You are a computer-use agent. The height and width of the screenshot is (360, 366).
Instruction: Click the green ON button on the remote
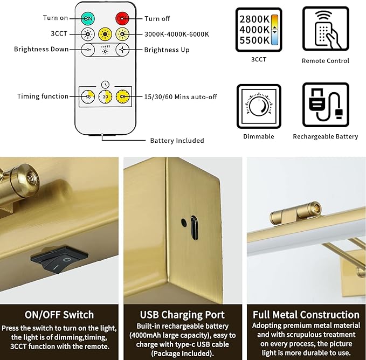tap(88, 18)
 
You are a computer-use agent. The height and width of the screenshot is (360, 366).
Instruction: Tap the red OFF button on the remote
tap(122, 18)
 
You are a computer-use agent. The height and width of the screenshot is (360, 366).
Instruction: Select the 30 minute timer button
tap(105, 96)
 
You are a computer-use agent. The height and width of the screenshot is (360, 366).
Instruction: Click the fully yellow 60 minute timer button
tap(122, 96)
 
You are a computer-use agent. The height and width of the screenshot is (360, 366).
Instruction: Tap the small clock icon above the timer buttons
tap(105, 84)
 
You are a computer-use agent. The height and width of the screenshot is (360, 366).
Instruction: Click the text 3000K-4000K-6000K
tap(177, 34)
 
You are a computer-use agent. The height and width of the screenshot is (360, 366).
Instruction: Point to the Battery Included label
tap(177, 141)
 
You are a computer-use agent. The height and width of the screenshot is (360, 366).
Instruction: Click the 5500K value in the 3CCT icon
tap(254, 40)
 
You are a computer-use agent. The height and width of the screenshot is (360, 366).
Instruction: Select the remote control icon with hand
tap(326, 29)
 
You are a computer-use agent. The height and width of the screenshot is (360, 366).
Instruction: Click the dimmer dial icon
tap(259, 106)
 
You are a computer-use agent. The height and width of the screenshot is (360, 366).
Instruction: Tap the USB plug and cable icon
tap(326, 105)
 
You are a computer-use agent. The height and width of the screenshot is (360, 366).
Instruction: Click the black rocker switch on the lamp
tap(59, 259)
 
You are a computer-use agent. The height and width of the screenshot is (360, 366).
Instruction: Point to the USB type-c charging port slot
tap(195, 228)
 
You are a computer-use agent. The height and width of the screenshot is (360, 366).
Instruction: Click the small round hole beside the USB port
tap(184, 223)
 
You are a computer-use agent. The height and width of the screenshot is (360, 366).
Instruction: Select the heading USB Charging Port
tap(182, 315)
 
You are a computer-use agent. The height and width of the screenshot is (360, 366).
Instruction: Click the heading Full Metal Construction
tap(306, 315)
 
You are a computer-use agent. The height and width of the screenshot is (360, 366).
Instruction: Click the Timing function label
tap(43, 96)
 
